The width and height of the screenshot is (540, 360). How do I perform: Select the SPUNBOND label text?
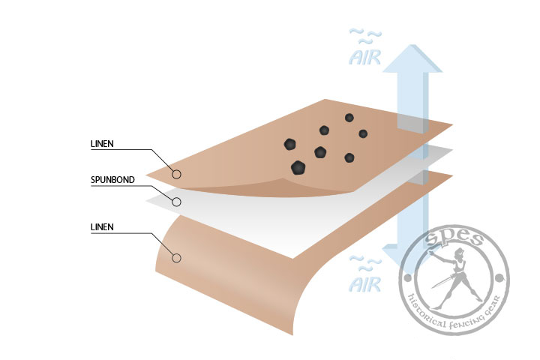tap(109, 179)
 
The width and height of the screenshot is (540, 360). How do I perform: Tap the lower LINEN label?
tap(101, 226)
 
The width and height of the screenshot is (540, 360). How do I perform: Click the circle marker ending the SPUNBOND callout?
tap(177, 201)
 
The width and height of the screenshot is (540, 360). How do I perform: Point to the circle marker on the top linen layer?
tap(177, 174)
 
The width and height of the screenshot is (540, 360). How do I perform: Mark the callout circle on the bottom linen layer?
tap(177, 258)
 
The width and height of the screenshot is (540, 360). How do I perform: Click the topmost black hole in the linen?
tap(349, 118)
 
